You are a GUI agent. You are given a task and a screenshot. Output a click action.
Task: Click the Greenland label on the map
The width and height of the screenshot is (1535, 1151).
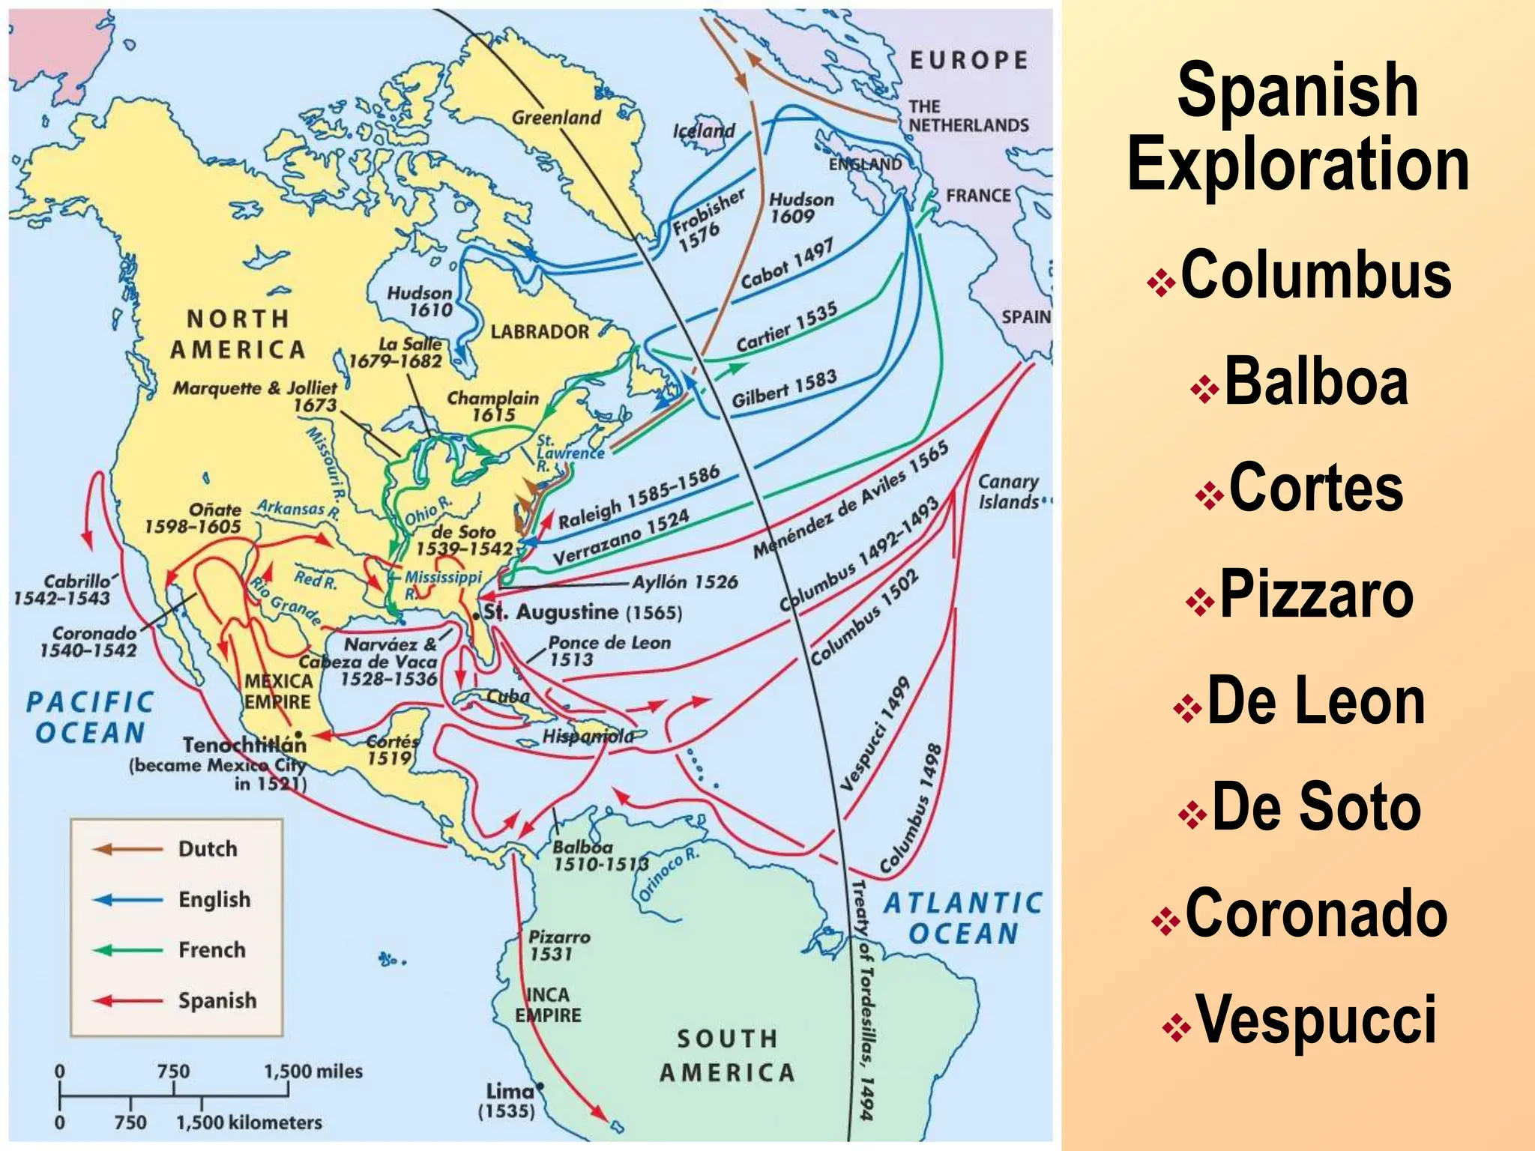(x=556, y=118)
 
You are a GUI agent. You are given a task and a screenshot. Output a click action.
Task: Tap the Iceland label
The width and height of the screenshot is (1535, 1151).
(x=703, y=130)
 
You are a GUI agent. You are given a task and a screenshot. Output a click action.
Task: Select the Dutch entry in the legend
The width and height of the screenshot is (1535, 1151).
(x=207, y=849)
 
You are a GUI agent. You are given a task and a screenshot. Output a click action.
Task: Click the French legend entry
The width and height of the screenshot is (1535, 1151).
(x=211, y=950)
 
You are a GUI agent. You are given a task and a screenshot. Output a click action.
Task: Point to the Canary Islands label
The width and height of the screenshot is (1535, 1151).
(x=1008, y=492)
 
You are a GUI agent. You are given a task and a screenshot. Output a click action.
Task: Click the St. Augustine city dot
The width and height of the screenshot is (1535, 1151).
(x=476, y=615)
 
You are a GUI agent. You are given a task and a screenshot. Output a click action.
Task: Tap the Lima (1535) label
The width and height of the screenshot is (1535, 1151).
(x=509, y=1100)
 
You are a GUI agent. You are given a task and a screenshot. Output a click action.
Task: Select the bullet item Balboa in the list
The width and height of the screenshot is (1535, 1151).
(x=1315, y=382)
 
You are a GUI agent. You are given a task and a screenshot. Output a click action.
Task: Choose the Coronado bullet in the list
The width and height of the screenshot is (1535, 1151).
(x=1315, y=913)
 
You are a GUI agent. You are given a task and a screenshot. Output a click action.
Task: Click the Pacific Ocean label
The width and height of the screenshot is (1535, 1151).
(x=90, y=717)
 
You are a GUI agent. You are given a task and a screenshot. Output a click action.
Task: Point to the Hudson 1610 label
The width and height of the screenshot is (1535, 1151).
(x=420, y=301)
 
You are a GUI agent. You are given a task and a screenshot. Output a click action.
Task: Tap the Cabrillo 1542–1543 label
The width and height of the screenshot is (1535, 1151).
(x=64, y=589)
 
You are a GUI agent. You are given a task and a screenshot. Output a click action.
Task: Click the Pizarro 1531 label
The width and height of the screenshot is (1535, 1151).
(x=558, y=945)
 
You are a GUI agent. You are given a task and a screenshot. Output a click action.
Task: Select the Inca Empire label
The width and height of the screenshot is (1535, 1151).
(x=548, y=1005)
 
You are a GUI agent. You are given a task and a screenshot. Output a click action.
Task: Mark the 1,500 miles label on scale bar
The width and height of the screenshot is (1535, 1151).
(x=313, y=1072)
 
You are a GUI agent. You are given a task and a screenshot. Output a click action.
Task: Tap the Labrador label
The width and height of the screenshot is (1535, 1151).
(x=540, y=331)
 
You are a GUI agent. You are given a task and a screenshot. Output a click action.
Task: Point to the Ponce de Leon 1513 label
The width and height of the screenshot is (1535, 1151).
(x=608, y=650)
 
